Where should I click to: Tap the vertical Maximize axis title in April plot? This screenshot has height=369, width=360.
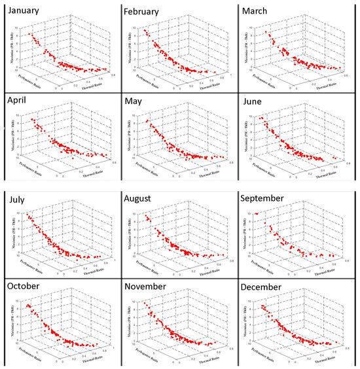coord(10,135)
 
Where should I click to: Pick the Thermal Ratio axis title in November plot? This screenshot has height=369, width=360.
coord(209,361)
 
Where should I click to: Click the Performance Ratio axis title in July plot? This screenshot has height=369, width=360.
coord(26,266)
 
